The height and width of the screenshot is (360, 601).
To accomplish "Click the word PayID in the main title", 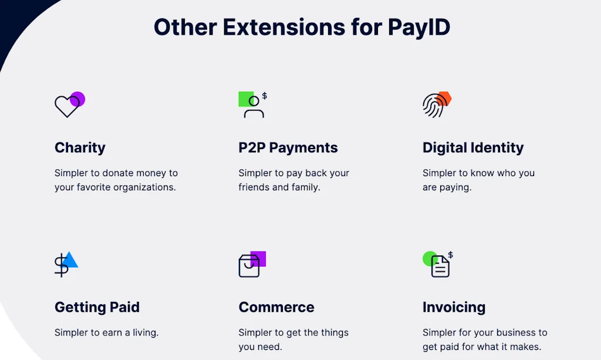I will pos(418,27).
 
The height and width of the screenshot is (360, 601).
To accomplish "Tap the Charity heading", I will pos(80,147).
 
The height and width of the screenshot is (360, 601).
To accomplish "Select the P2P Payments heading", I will pos(288,147).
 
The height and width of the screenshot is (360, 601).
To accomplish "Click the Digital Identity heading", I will pos(472,147).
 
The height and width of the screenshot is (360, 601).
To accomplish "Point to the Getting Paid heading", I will pos(97,307).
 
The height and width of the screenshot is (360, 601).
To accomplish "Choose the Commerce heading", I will pos(276,307).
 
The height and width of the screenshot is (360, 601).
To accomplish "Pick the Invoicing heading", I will pos(454,307).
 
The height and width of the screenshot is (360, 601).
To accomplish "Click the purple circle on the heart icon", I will pos(78,99).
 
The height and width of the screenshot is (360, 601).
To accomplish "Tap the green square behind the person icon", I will pos(245,98).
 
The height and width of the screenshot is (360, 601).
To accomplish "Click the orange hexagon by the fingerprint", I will pos(445,98).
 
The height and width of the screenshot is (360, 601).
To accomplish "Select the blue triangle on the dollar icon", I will pos(71,260).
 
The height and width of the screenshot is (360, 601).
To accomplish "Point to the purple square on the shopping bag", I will pos(259,258).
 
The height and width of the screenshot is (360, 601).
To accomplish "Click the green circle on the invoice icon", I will pos(430,258).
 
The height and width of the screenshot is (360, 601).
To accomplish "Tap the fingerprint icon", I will pos(433,106).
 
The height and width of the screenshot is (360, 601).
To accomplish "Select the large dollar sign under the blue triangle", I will pos(61,266).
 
